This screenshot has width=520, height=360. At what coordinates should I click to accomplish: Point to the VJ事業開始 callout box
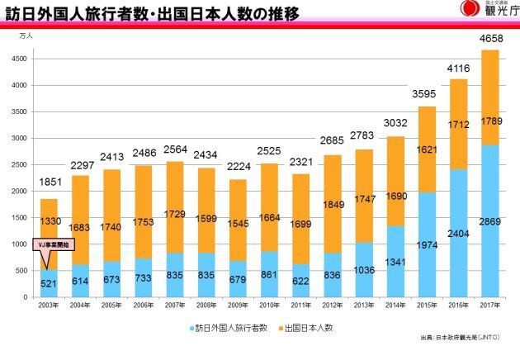[x=55, y=244]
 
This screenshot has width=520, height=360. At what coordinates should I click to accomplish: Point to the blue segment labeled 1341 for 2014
[x=397, y=263]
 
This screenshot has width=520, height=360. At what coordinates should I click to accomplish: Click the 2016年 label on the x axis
[x=460, y=305]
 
